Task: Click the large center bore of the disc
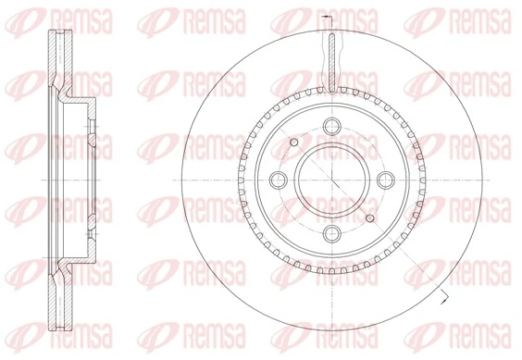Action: [x=329, y=178]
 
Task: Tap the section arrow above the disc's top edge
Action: [x=323, y=19]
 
